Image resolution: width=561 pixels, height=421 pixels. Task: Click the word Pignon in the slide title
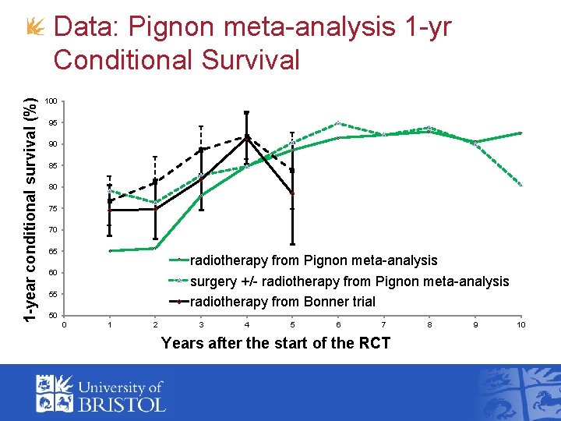click(166, 28)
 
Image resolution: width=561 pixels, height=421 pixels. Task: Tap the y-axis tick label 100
click(51, 101)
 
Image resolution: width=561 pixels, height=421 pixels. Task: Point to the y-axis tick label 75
click(52, 209)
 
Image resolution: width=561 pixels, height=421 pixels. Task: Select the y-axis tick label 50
click(52, 315)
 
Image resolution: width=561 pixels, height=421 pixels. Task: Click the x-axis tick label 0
click(65, 324)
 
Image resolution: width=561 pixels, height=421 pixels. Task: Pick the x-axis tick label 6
click(338, 324)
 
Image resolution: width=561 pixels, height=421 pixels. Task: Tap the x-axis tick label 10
click(520, 324)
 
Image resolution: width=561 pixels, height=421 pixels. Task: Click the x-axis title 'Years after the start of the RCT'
click(275, 343)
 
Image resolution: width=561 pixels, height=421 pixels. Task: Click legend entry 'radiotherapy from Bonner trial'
click(282, 302)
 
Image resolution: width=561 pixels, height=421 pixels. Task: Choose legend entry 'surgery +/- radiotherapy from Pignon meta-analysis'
click(349, 281)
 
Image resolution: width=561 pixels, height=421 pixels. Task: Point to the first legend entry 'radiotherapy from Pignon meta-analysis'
click(313, 260)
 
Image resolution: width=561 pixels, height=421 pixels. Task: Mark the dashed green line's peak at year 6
click(338, 123)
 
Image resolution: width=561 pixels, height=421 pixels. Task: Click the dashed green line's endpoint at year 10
click(520, 186)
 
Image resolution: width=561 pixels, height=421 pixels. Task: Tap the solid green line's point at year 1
click(110, 251)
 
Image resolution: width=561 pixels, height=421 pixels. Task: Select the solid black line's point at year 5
click(292, 193)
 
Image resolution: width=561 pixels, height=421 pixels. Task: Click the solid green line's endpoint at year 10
click(520, 133)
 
